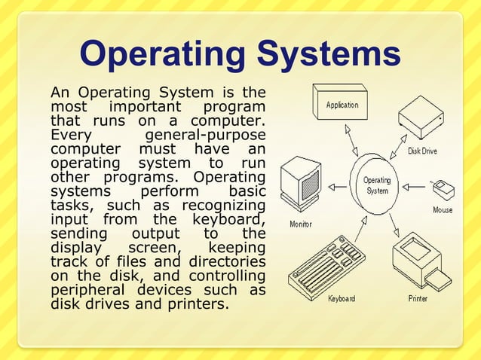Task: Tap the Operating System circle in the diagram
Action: (377, 185)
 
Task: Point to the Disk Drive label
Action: (422, 151)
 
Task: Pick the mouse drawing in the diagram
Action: (441, 186)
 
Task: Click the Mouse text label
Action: (443, 210)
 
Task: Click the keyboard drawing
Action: (326, 268)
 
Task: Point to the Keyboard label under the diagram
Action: (342, 299)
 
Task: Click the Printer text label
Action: (418, 299)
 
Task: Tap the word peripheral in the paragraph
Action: (86, 291)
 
